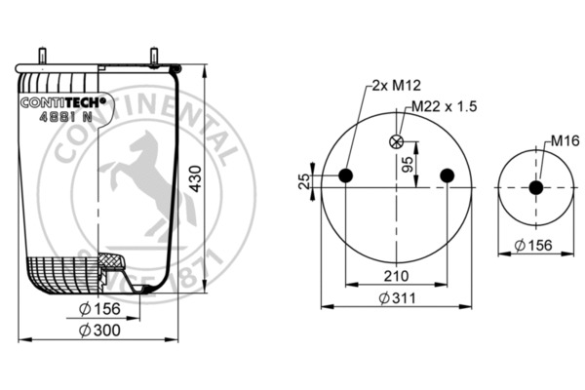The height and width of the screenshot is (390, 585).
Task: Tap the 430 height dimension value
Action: click(x=196, y=178)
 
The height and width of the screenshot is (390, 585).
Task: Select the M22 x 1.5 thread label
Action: click(x=445, y=106)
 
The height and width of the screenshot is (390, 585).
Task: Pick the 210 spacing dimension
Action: click(x=395, y=276)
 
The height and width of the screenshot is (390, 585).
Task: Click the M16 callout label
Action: click(x=560, y=141)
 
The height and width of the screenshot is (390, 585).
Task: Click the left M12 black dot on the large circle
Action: click(x=344, y=175)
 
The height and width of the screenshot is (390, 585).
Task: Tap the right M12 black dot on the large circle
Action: click(x=447, y=175)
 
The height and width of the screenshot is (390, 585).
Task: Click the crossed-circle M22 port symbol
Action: click(x=396, y=141)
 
